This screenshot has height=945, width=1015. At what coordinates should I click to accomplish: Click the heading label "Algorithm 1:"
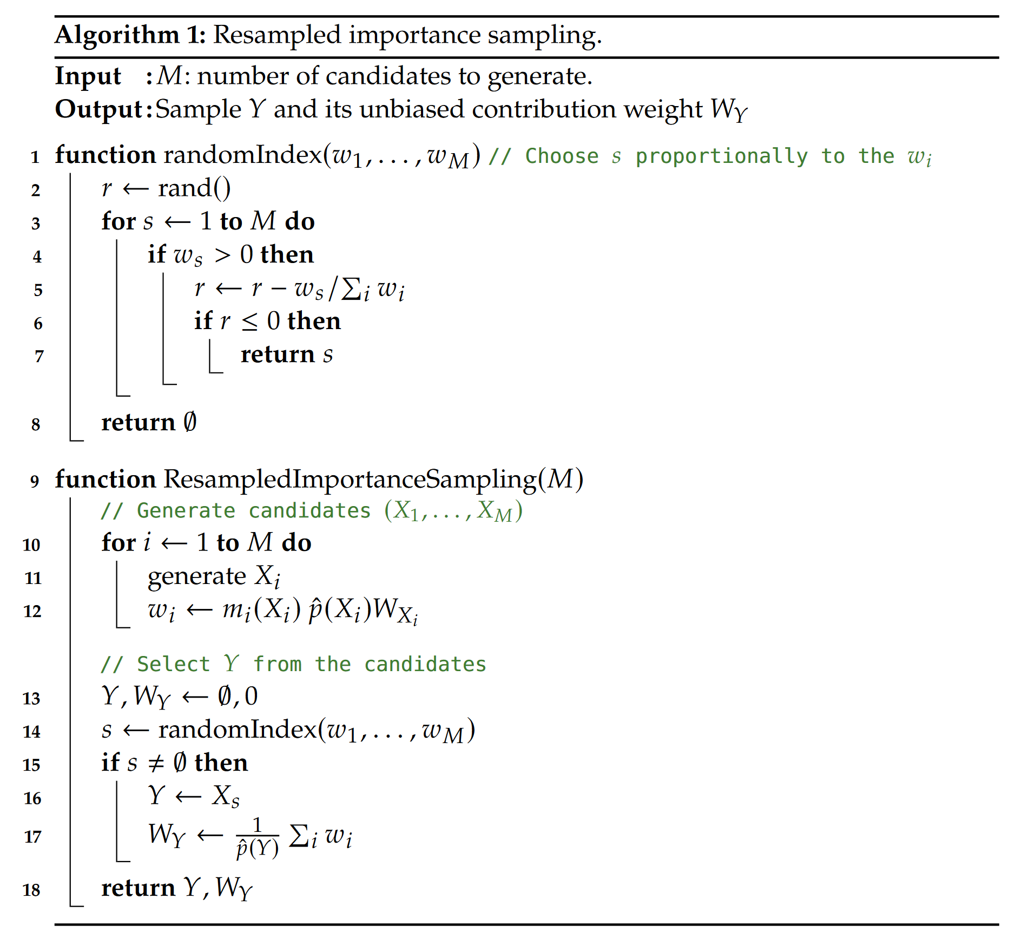point(130,35)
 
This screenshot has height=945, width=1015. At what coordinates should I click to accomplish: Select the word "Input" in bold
point(88,76)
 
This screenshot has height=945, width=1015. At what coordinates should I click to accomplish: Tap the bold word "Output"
point(98,109)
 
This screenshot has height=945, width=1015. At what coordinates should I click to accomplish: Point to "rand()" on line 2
point(194,189)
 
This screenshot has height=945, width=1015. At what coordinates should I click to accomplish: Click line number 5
point(38,291)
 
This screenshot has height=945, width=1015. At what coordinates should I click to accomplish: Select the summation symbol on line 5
point(352,289)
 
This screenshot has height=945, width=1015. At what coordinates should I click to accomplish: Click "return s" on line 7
point(287,355)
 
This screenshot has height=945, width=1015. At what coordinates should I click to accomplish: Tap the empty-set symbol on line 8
point(190,422)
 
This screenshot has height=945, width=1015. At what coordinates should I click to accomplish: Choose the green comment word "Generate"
point(186,511)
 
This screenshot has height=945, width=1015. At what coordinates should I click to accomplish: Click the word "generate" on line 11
point(196,577)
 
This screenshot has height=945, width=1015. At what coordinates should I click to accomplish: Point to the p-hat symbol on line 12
point(315,610)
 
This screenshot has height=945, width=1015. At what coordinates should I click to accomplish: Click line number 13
point(31,699)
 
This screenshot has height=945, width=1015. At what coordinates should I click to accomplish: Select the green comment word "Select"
point(173,665)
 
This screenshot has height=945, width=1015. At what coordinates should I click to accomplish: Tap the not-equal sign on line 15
point(156,764)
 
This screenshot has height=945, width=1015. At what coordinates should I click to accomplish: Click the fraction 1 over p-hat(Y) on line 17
point(258,837)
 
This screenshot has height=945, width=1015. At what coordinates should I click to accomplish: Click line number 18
point(31,890)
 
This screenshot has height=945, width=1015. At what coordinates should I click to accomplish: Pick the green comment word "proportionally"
point(721,156)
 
